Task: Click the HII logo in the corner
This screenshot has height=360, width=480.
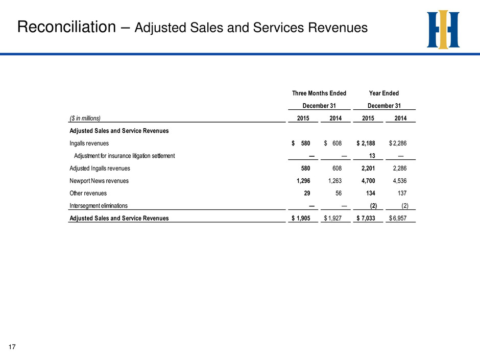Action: point(443,30)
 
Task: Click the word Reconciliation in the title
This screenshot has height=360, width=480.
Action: point(66,27)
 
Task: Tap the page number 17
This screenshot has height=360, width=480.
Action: point(12,347)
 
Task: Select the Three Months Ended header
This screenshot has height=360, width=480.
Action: point(319,93)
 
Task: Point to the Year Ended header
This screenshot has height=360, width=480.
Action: point(384,93)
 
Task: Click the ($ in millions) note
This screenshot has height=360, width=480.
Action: point(85,118)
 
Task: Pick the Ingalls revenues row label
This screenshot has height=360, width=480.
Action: point(89,143)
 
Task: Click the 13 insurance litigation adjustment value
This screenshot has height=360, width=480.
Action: point(372,156)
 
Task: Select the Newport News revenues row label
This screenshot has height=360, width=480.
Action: point(99,181)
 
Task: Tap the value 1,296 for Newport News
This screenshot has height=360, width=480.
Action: point(303,181)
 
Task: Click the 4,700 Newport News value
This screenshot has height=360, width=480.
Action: point(368,181)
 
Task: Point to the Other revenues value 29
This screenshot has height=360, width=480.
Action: point(307,193)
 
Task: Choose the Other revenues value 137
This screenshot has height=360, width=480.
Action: point(402,193)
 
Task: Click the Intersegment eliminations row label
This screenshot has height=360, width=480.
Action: point(99,206)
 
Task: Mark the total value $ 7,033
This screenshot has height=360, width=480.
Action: point(366,218)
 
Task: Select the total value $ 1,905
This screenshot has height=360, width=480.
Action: point(301,218)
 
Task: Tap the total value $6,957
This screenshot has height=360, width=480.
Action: point(398,218)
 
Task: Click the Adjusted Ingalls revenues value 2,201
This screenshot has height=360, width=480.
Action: point(368,169)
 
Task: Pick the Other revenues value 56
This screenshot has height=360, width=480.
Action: point(338,193)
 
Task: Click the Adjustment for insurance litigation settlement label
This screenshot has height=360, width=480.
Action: point(124,156)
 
